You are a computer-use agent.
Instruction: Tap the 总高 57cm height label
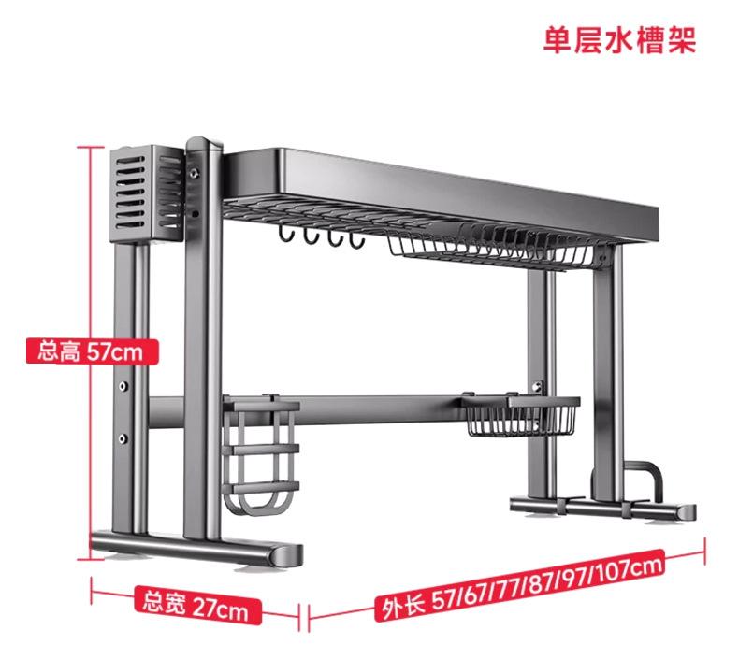pyautogui.click(x=92, y=352)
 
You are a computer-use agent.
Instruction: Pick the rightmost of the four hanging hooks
pyautogui.click(x=355, y=242)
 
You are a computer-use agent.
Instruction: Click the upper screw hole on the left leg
pyautogui.click(x=123, y=384)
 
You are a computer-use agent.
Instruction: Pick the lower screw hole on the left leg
pyautogui.click(x=123, y=437)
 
